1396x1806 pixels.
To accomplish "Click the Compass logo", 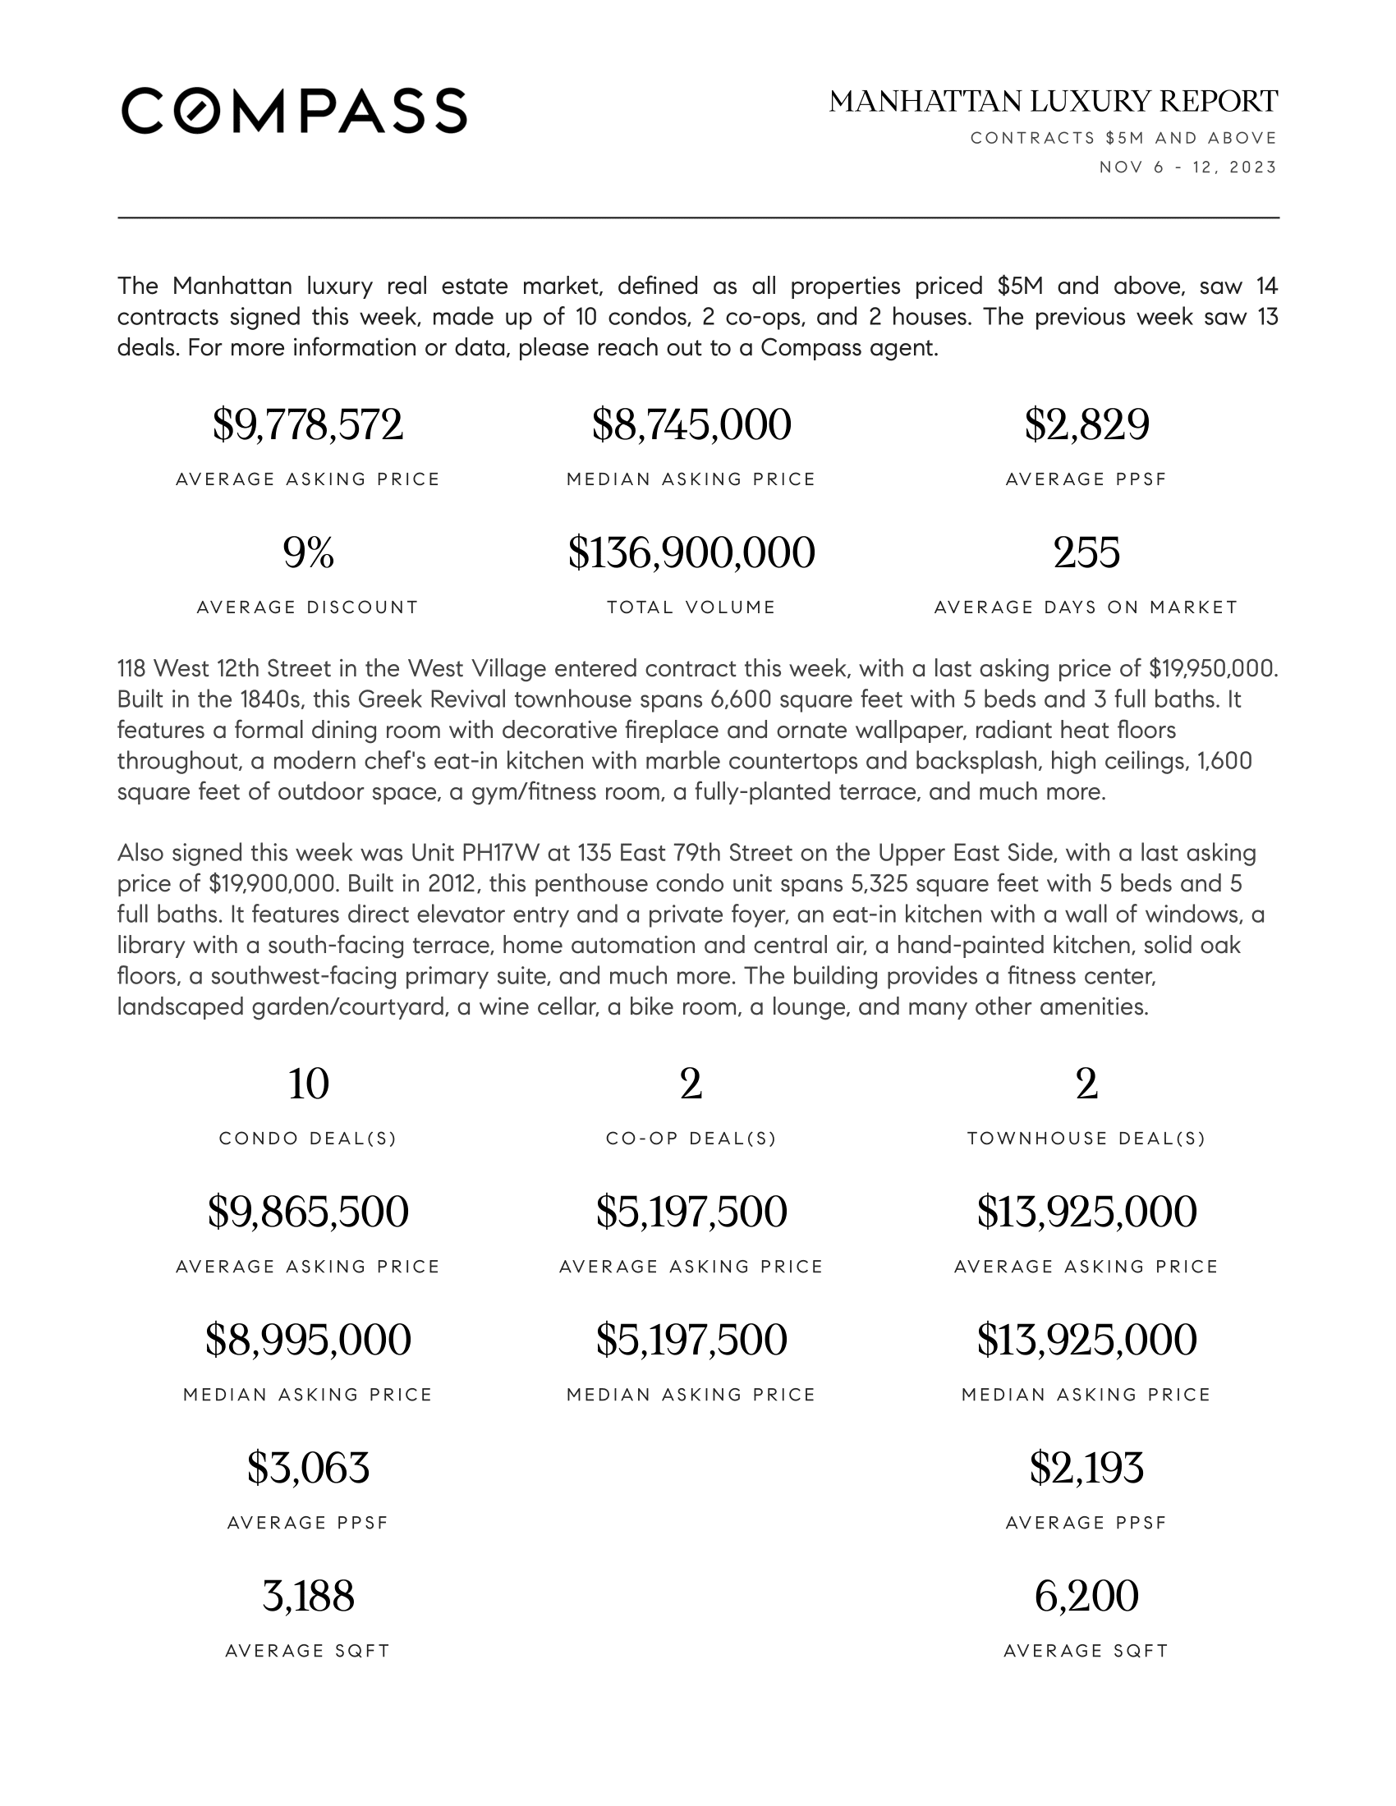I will pos(295,111).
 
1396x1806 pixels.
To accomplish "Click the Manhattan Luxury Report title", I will pos(1053,102).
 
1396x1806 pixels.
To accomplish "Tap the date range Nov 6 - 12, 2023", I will pos(1187,167).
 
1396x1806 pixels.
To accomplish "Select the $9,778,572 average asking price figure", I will pos(308,425).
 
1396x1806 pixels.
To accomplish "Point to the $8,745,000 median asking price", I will pos(691,425).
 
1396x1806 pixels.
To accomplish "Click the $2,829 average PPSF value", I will pos(1086,425).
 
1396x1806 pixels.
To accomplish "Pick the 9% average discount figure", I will pos(308,553).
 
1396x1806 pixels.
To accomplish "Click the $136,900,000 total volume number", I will pos(691,553).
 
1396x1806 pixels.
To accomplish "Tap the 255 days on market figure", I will pos(1086,553).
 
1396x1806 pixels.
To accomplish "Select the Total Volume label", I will pos(691,607).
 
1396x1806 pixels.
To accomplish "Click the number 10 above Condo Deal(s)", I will pos(308,1084).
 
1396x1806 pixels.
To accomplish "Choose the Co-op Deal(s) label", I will pos(691,1139).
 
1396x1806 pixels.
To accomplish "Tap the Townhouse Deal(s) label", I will pos(1086,1139).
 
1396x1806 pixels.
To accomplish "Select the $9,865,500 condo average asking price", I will pos(308,1212).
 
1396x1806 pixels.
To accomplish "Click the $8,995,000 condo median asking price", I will pos(308,1341).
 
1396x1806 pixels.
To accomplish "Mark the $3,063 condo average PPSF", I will pos(308,1469).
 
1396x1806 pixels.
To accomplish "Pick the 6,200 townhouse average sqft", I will pos(1086,1597).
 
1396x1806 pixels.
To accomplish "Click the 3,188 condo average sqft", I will pos(308,1597).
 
